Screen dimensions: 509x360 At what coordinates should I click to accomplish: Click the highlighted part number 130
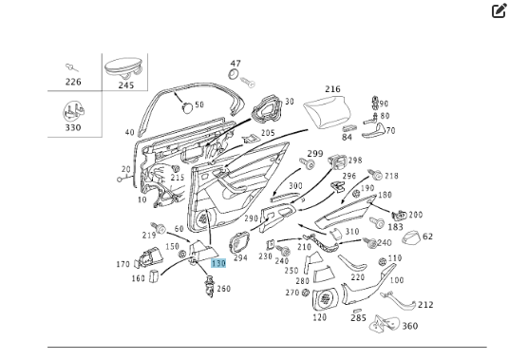click(x=218, y=263)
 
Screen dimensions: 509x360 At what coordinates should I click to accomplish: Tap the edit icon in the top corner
click(x=500, y=11)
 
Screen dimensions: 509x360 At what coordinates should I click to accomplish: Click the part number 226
click(x=73, y=82)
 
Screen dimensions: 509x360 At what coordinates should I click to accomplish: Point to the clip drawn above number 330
click(x=74, y=111)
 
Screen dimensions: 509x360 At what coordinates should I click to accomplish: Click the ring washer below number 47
click(x=234, y=74)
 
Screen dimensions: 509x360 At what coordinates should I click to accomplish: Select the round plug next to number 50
click(x=187, y=107)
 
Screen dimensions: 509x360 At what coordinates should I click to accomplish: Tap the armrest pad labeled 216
click(x=328, y=112)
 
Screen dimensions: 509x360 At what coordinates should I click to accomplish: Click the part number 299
click(x=315, y=154)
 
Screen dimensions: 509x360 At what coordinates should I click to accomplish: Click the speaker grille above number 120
click(x=326, y=300)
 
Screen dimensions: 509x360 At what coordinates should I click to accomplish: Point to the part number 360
click(x=410, y=326)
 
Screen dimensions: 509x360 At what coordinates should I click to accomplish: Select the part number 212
click(x=425, y=305)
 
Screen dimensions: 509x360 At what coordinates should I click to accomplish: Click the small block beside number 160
click(x=154, y=277)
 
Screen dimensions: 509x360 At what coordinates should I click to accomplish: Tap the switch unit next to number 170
click(x=150, y=257)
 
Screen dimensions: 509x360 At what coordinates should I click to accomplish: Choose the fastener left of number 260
click(x=209, y=286)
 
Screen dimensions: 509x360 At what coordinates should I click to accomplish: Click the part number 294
click(x=240, y=258)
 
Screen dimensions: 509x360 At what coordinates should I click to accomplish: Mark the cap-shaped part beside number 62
click(x=410, y=237)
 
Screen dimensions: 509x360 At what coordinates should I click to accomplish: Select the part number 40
click(x=129, y=132)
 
